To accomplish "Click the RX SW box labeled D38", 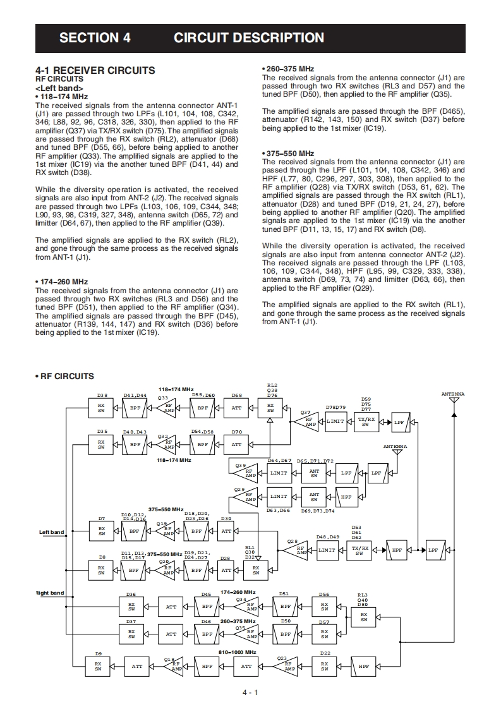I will (101, 408).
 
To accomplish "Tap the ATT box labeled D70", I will (236, 444).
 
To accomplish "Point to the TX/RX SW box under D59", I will (366, 421).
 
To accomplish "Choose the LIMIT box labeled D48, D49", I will (327, 550).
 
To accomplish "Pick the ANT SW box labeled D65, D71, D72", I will (314, 472).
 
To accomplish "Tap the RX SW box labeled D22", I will (325, 666).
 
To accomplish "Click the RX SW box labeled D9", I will (99, 666).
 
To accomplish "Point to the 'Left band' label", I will (52, 532).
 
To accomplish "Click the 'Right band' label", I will (49, 593).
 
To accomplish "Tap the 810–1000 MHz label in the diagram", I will (237, 651).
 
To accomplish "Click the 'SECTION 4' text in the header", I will (95, 38).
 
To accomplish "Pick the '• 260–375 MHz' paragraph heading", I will (287, 69).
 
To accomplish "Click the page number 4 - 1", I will (250, 693).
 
